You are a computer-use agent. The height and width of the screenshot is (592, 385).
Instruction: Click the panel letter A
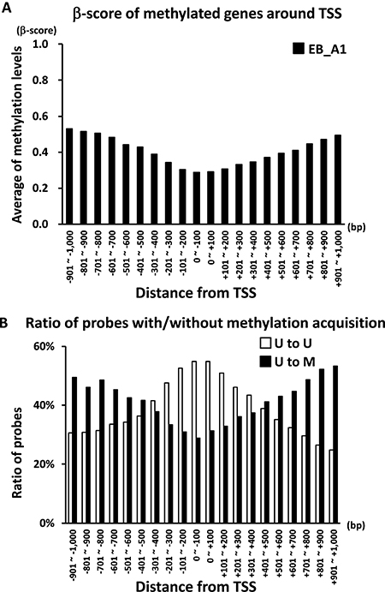(x=6, y=8)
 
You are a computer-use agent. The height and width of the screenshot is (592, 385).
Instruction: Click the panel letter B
(x=4, y=324)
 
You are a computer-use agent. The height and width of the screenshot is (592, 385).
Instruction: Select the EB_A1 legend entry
(x=319, y=49)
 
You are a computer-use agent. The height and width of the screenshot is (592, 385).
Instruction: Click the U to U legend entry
(x=287, y=344)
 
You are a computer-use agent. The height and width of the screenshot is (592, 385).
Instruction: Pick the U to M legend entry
(x=287, y=362)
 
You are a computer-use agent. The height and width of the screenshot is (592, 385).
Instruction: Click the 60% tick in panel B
(x=46, y=347)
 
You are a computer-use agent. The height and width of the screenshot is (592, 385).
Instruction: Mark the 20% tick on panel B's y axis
(x=46, y=464)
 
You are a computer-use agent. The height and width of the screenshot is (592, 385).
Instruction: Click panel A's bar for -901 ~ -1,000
(x=69, y=176)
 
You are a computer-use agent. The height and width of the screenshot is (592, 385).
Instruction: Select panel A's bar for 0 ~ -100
(x=197, y=198)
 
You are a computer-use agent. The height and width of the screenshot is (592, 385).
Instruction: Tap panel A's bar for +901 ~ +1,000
(x=338, y=179)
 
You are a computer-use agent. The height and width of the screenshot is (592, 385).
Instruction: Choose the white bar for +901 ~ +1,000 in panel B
(x=331, y=487)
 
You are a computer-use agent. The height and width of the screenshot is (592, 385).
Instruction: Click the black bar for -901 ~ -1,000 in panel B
(x=74, y=450)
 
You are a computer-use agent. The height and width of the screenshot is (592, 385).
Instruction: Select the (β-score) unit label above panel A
(x=37, y=30)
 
